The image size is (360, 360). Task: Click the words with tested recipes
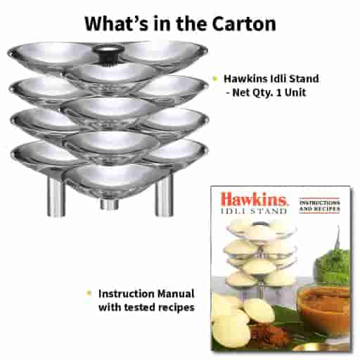[x=146, y=307]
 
